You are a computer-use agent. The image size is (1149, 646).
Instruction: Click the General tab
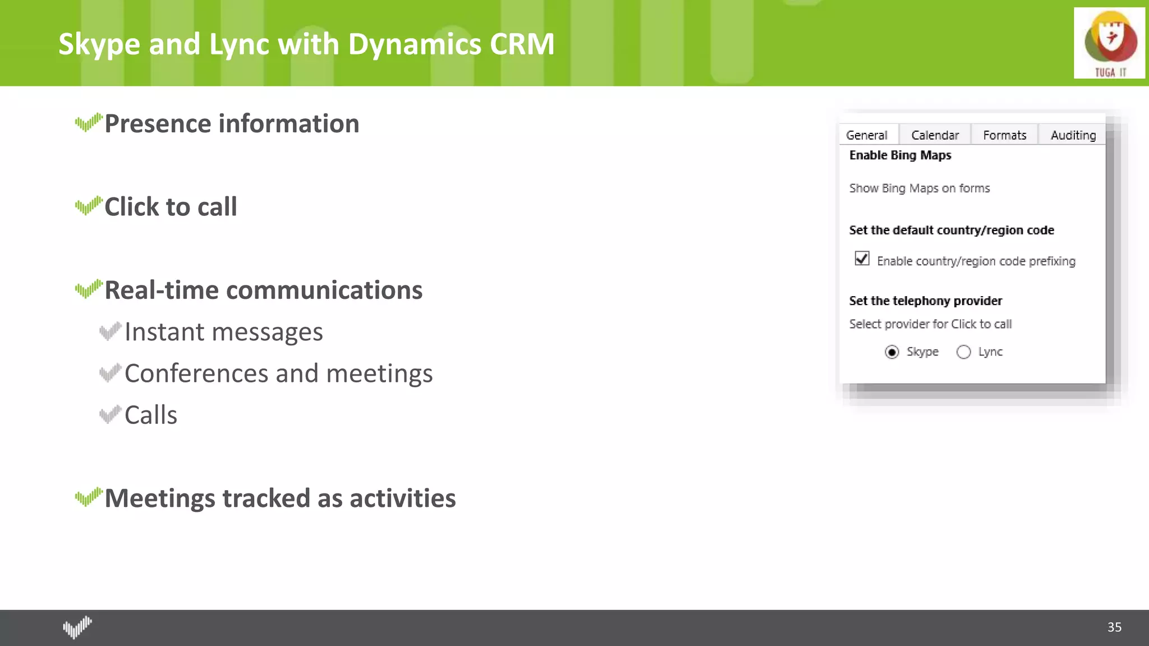coord(866,135)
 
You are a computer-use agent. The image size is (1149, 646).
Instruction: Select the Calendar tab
coord(935,135)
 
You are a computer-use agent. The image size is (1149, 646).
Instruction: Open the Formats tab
coord(1004,135)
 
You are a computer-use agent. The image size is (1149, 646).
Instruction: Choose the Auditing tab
coord(1073,135)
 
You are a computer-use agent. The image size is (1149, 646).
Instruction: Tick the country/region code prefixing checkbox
coord(862,259)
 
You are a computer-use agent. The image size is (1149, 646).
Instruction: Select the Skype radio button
coord(891,352)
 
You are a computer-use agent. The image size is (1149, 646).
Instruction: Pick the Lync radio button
coord(963,352)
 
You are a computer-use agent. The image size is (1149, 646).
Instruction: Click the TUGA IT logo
coord(1109,43)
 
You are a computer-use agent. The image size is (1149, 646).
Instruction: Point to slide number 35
coord(1114,627)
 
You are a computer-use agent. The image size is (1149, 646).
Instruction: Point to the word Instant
coord(164,332)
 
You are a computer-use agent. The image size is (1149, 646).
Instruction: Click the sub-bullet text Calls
coord(150,416)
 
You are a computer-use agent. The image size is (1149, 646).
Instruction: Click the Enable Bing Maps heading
coord(900,155)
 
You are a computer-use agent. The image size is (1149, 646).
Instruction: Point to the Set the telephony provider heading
coord(925,301)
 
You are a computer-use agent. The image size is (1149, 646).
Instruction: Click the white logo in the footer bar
coord(77,627)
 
